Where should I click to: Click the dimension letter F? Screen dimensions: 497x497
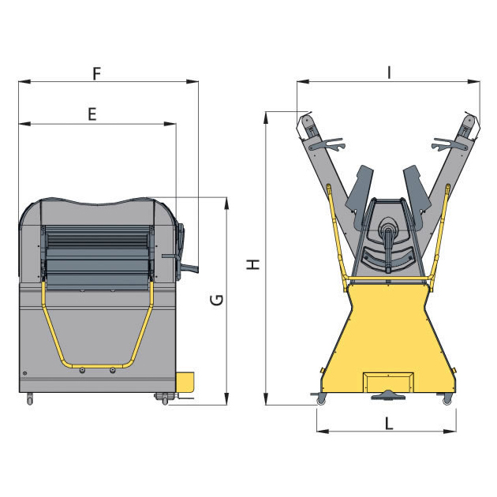tap(97, 73)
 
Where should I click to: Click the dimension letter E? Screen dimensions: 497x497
tap(92, 114)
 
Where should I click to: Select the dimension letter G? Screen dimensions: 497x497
tap(217, 300)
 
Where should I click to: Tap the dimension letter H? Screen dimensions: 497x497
tap(253, 264)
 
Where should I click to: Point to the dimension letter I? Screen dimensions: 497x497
tap(389, 73)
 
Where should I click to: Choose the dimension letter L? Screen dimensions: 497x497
tap(389, 424)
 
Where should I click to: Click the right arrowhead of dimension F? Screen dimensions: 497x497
tap(192, 81)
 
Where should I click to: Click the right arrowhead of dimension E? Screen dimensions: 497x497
tap(170, 124)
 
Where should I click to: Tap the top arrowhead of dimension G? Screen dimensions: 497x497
tap(226, 204)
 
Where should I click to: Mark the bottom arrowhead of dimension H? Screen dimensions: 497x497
tap(267, 398)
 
